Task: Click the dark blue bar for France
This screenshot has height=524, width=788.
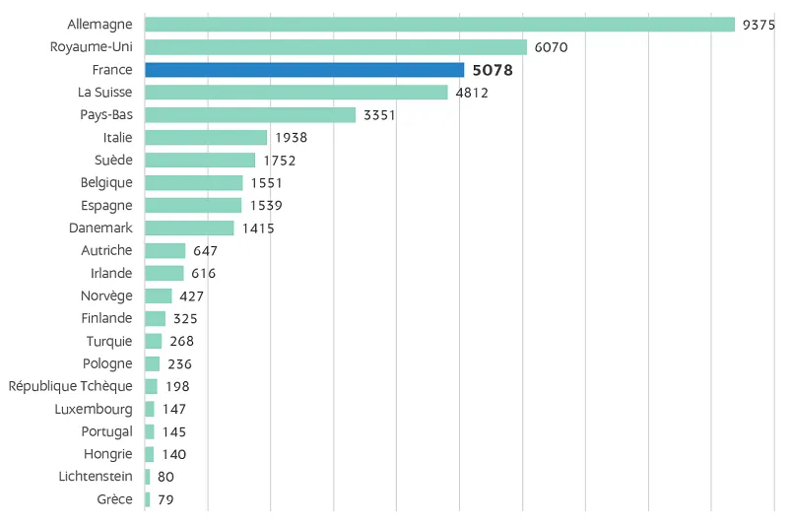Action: (x=304, y=70)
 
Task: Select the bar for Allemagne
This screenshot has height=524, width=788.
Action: (x=439, y=25)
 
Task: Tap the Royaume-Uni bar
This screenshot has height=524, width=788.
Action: (x=336, y=47)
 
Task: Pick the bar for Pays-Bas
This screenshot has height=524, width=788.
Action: (x=250, y=115)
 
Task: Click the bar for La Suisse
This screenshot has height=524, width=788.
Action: (x=296, y=93)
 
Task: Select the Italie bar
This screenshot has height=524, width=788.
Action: (x=206, y=138)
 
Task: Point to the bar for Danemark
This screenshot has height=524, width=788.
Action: (x=189, y=229)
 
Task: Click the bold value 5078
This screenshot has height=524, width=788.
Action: (x=492, y=70)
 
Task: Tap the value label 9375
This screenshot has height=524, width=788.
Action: (x=758, y=25)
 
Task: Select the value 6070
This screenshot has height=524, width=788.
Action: (x=552, y=47)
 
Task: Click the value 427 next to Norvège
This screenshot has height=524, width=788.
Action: (x=192, y=296)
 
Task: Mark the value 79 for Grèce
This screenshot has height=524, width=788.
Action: (x=165, y=500)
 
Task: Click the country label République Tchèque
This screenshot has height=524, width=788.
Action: (x=70, y=386)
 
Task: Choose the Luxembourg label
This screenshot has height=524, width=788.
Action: (x=94, y=409)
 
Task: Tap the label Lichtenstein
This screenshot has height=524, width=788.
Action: (x=96, y=477)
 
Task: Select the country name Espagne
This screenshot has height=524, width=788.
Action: (x=106, y=206)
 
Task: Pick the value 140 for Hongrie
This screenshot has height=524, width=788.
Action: (x=174, y=455)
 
